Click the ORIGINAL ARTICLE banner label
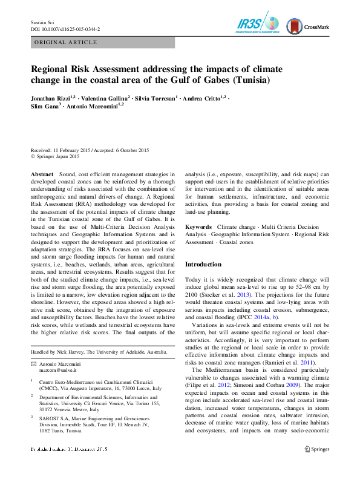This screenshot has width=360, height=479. (x=67, y=42)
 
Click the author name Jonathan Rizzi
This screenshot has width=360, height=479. (x=51, y=97)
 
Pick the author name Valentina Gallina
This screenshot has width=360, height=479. (x=105, y=97)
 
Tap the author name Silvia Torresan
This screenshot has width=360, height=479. (x=156, y=97)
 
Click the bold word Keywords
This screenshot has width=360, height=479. (x=198, y=226)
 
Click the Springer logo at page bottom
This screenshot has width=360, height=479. (x=316, y=449)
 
